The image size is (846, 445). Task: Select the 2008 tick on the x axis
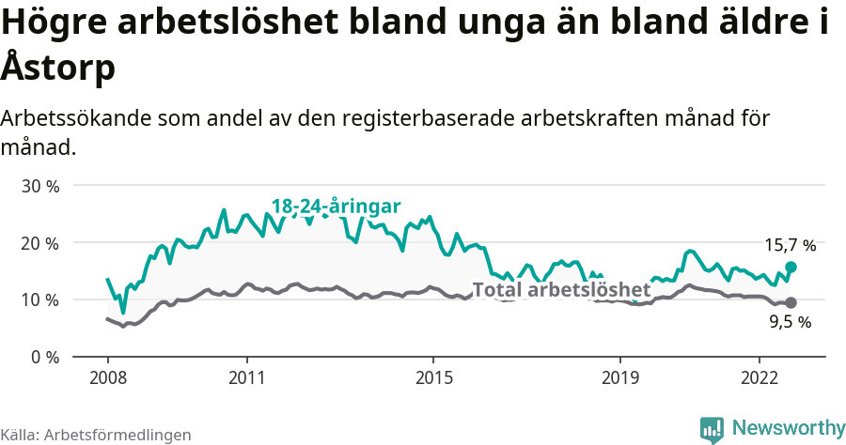click(107, 377)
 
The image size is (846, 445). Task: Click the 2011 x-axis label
click(246, 377)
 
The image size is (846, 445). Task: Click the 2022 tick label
click(759, 377)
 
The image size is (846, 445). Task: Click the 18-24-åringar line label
click(337, 207)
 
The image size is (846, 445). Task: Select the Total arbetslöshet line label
click(561, 289)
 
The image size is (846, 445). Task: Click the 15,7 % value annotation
click(790, 245)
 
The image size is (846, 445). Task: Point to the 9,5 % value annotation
click(790, 322)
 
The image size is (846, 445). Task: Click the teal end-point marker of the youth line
click(791, 268)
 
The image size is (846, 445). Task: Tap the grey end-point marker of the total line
click(791, 302)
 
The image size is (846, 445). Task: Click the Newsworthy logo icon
click(712, 428)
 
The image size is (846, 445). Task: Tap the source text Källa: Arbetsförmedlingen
click(96, 435)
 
